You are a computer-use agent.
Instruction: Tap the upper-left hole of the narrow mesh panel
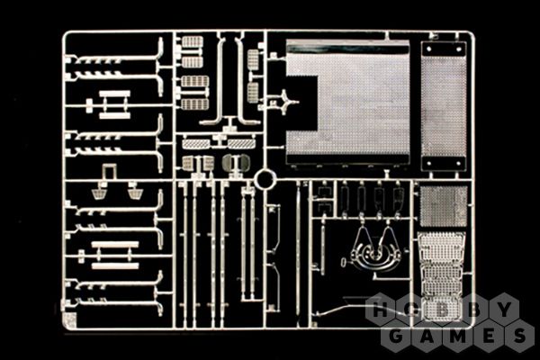(x=428, y=49)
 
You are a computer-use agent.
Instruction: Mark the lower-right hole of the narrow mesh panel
(x=459, y=163)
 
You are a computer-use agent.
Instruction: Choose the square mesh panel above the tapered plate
(x=444, y=206)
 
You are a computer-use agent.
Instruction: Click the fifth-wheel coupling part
(x=374, y=250)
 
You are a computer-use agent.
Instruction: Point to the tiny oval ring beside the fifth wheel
(x=344, y=262)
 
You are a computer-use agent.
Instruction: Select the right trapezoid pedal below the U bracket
(x=134, y=193)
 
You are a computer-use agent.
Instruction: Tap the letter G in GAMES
(x=396, y=335)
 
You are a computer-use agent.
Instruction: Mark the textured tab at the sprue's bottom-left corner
(x=70, y=320)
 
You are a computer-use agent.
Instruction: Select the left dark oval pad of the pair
(x=228, y=162)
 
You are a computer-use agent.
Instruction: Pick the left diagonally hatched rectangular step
(x=196, y=144)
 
